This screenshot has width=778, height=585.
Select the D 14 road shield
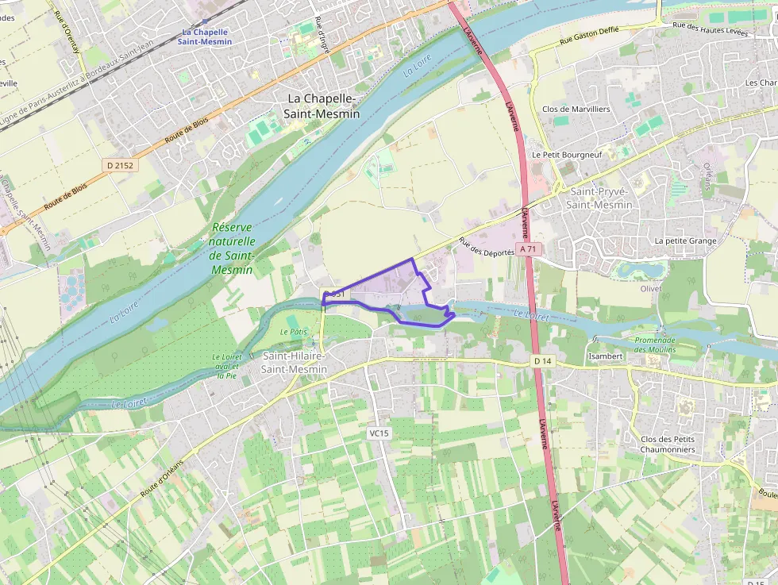pyautogui.click(x=542, y=361)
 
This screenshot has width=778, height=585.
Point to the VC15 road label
pyautogui.click(x=379, y=433)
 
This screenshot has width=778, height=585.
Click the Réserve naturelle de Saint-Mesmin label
pyautogui.click(x=232, y=248)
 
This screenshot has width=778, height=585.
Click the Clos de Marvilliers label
pyautogui.click(x=576, y=110)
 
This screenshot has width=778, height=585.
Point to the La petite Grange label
pyautogui.click(x=685, y=241)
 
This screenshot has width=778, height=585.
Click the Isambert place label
pyautogui.click(x=605, y=356)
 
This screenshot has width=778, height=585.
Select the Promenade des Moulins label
pyautogui.click(x=655, y=344)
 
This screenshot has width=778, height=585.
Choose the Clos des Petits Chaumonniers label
pyautogui.click(x=668, y=445)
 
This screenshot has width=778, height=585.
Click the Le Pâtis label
pyautogui.click(x=293, y=331)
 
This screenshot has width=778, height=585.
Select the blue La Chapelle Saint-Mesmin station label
pyautogui.click(x=205, y=36)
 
